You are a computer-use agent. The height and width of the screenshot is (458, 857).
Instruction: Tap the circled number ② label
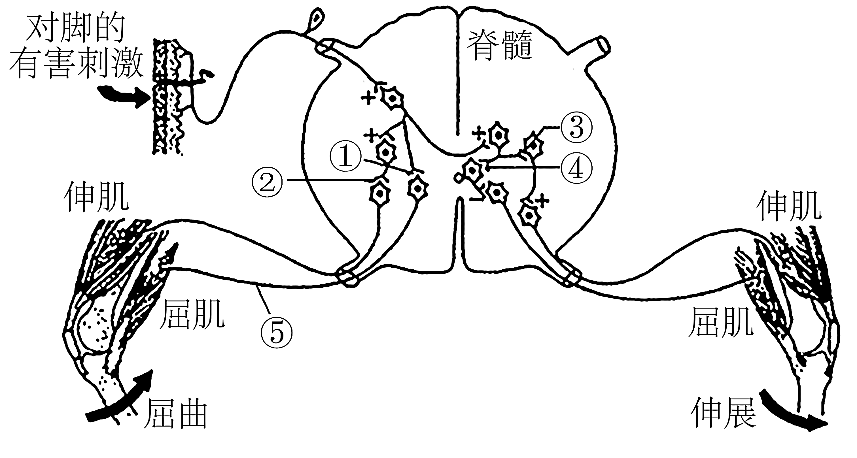point(268,183)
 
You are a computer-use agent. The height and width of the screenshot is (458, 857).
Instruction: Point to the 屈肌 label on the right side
point(721,321)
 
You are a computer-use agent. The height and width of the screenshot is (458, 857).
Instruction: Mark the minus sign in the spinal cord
point(476,199)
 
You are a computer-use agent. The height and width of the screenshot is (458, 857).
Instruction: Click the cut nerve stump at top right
point(602,45)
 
